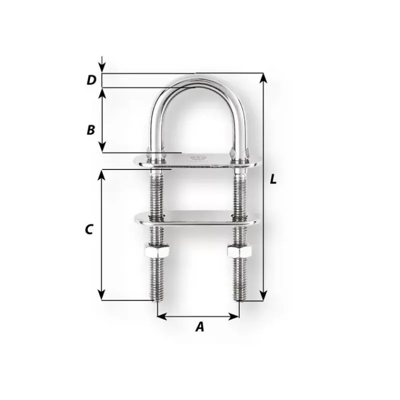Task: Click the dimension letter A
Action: point(200,326)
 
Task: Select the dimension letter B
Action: point(91,130)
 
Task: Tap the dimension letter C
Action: point(88,229)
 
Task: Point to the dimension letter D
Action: point(91,80)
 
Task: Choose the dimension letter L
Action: point(273,179)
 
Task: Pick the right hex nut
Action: point(239,251)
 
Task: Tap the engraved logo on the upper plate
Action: point(198,158)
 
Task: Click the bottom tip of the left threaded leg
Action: point(157,301)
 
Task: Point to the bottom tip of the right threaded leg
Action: point(239,301)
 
